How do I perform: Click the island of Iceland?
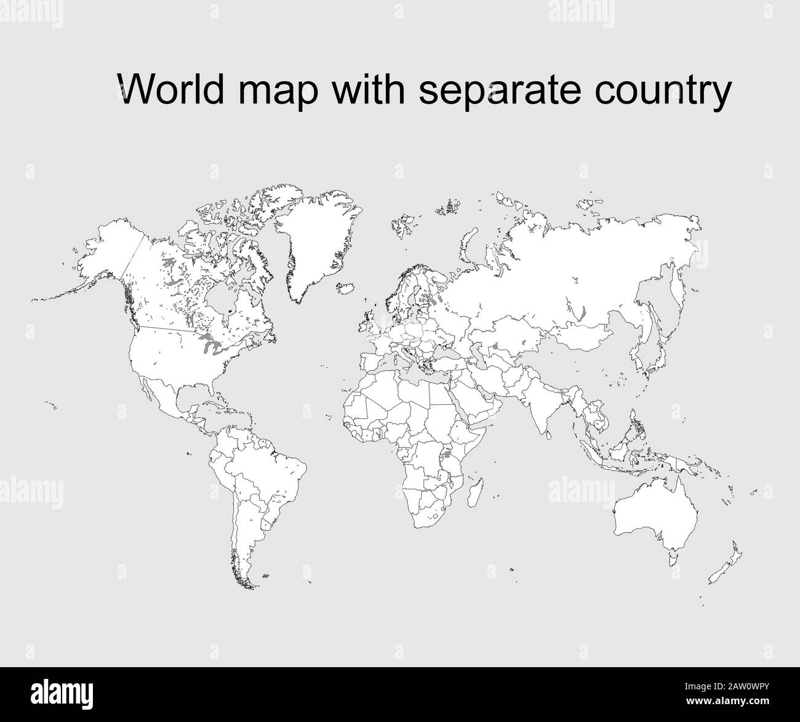348,288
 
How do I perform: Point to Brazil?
271,468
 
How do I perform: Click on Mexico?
169,394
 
